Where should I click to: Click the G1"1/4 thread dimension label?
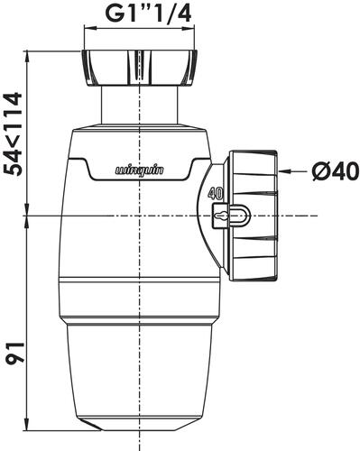coord(150,14)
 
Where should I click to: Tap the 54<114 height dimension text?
coord(14,134)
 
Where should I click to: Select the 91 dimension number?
coord(14,353)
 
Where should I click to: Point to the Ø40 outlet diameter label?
coord(336,171)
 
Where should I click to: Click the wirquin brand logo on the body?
coord(140,170)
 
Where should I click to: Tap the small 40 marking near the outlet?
coord(216,194)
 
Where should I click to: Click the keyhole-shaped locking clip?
coord(231,216)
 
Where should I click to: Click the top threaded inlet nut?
coord(140,68)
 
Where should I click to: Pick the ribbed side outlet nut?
coord(254,216)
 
